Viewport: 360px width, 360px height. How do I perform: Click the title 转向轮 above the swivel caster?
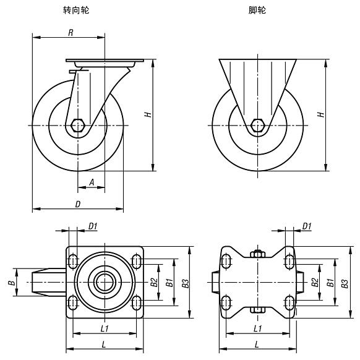click(x=77, y=11)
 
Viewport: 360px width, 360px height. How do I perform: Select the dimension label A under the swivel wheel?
click(x=92, y=182)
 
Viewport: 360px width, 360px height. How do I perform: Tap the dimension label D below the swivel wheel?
click(x=77, y=204)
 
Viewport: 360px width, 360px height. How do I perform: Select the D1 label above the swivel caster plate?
click(x=92, y=226)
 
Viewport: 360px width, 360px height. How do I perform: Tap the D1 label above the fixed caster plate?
click(x=306, y=226)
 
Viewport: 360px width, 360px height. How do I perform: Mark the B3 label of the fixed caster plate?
click(x=345, y=283)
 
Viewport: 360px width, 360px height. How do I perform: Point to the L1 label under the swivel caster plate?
click(x=104, y=328)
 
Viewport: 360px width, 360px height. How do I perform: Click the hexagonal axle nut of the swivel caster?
click(x=78, y=126)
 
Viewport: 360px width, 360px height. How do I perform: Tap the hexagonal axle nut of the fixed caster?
click(x=257, y=126)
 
